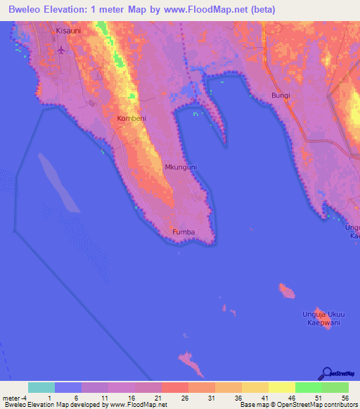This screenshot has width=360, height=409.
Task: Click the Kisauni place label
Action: [x=68, y=32]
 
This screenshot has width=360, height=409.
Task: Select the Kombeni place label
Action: [x=131, y=119]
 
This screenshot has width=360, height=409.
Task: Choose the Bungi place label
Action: [x=281, y=95]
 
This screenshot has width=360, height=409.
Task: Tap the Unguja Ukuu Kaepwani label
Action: [x=321, y=318]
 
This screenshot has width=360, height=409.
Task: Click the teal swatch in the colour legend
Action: [x=41, y=387]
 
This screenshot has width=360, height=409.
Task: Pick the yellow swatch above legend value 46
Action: [x=281, y=387]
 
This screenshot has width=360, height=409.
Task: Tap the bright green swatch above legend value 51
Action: [x=308, y=387]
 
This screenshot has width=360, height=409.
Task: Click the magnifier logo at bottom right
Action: [x=328, y=373]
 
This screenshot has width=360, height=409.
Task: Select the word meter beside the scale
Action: [x=11, y=397]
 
